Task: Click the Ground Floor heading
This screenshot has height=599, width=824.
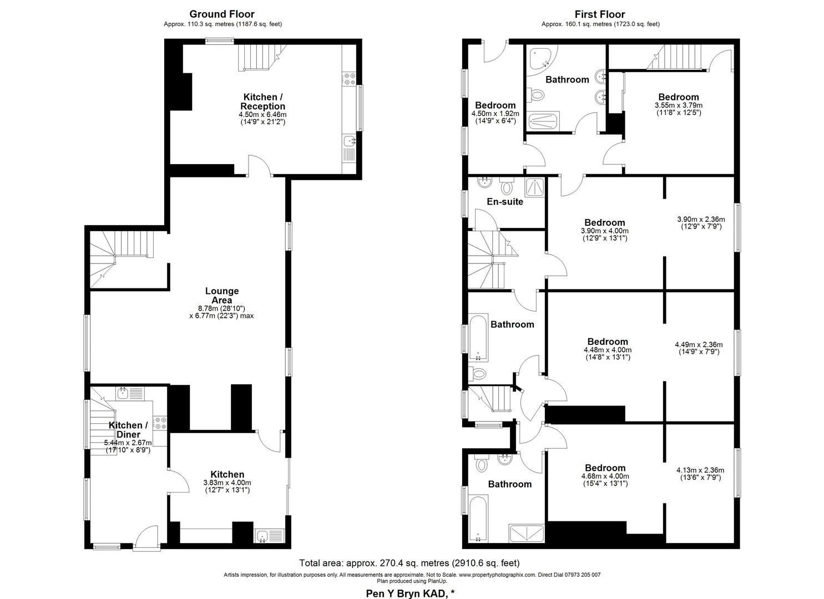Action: [x=222, y=14]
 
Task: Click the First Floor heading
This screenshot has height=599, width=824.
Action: [x=600, y=14]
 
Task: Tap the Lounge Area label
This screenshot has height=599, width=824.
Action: [x=222, y=296]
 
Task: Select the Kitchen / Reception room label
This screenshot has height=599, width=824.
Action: [x=262, y=101]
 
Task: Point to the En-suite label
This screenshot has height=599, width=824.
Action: [x=505, y=201]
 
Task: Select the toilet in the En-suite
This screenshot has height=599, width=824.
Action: [x=507, y=186]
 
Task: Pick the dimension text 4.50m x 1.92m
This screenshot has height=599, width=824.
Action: [x=495, y=114]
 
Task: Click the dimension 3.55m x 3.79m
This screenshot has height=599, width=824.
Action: [x=678, y=105]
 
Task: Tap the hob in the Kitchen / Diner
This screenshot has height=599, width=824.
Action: [x=160, y=423]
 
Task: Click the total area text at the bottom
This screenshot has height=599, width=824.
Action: [x=409, y=563]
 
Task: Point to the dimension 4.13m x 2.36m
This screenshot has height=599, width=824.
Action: [x=700, y=470]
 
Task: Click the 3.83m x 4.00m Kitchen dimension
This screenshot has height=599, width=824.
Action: [x=227, y=483]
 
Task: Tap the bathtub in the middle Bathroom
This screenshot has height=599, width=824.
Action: [x=478, y=337]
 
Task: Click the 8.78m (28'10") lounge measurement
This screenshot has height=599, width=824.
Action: [x=221, y=308]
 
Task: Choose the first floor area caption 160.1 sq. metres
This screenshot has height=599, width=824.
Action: [x=600, y=24]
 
